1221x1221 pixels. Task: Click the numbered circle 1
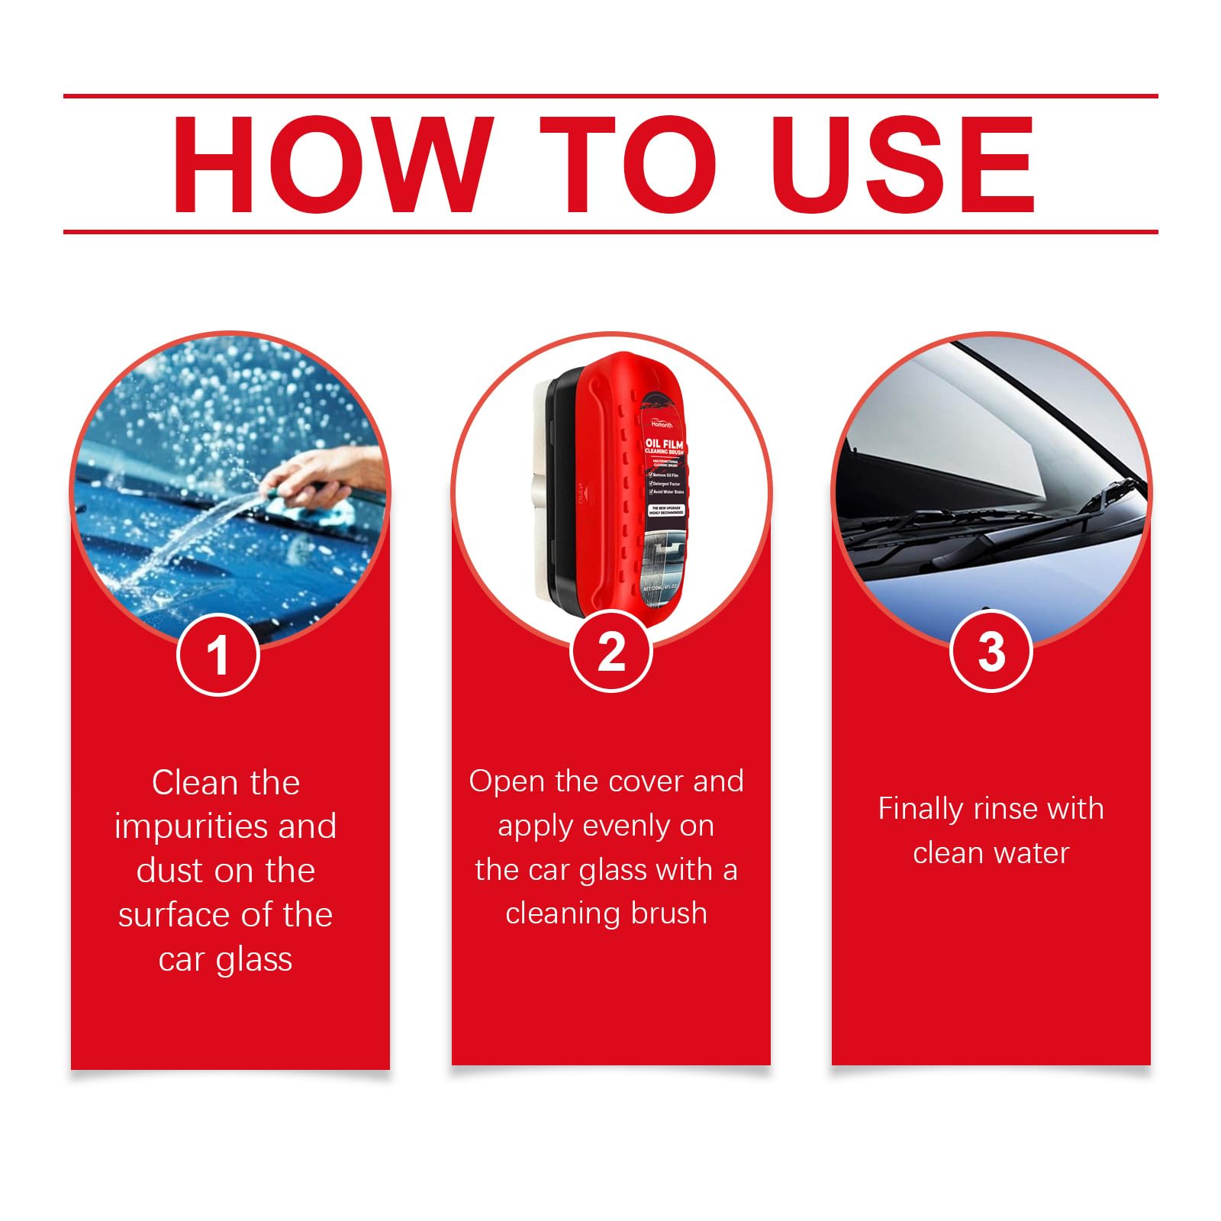click(x=218, y=655)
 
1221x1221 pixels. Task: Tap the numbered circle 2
click(x=611, y=652)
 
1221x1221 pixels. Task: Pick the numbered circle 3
click(x=991, y=652)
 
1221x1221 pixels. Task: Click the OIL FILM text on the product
click(x=664, y=444)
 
